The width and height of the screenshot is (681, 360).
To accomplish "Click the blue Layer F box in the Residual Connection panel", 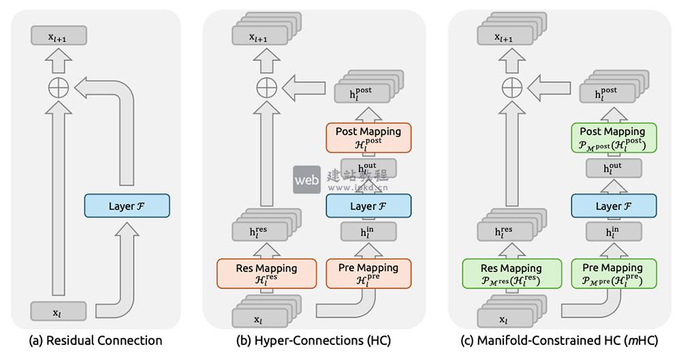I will coord(127,206).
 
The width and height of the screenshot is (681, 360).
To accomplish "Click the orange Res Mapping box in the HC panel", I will coord(266,274).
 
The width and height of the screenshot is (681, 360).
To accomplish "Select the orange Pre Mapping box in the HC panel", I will coord(368,274).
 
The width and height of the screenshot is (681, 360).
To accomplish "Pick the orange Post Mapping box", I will coord(368,137).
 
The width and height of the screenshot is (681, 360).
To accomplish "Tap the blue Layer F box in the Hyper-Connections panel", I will coord(368,206).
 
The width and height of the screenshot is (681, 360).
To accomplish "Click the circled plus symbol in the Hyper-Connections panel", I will coord(266,87).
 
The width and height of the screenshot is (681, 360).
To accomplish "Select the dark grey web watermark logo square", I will coord(306,180).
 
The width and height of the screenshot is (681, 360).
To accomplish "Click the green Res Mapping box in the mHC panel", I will coord(511,274).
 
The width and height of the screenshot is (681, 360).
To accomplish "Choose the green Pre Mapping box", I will coord(613,274).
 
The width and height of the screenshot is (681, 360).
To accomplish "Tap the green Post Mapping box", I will coord(613,137).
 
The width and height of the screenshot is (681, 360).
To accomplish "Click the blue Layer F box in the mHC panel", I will coord(613,206).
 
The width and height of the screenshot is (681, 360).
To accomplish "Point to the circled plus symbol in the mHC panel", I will coord(511,87).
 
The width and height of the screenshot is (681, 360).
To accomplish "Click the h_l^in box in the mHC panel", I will coord(613,233).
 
